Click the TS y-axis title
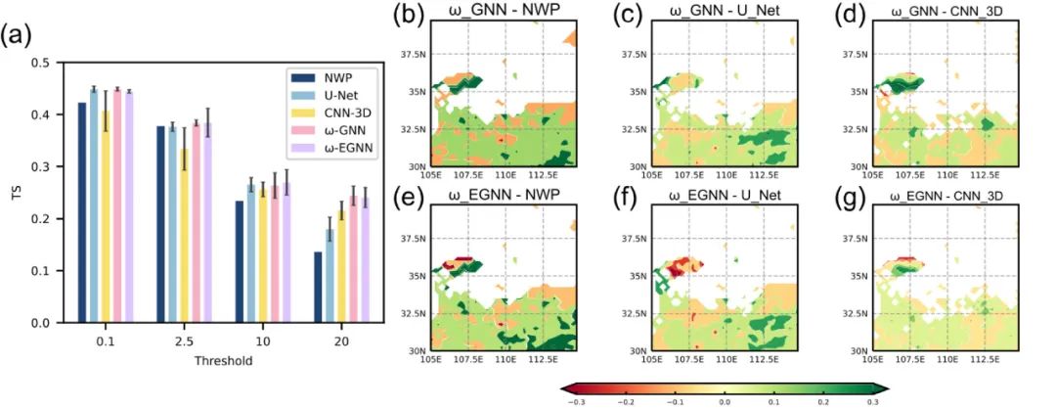pyautogui.click(x=15, y=193)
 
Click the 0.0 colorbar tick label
pyautogui.click(x=725, y=401)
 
